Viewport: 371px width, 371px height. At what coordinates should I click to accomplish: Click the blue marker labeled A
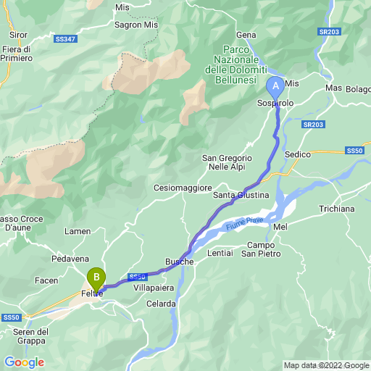coord(275,86)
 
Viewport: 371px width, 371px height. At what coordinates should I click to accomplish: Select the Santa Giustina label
coord(241,195)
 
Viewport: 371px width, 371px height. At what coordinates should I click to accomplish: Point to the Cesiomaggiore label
coord(181,187)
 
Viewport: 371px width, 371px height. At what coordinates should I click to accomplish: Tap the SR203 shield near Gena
coord(330,32)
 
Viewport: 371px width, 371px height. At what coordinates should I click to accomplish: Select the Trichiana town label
coord(336,209)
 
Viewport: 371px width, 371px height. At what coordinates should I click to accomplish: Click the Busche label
coord(179,261)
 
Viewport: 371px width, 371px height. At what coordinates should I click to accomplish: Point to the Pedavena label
coord(70,258)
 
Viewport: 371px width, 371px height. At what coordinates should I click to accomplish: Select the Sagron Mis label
coord(136,23)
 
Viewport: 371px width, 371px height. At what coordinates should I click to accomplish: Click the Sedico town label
coord(298,154)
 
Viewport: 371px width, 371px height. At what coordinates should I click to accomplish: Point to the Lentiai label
coord(220,253)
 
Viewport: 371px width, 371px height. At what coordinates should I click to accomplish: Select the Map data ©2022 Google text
coord(325,365)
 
